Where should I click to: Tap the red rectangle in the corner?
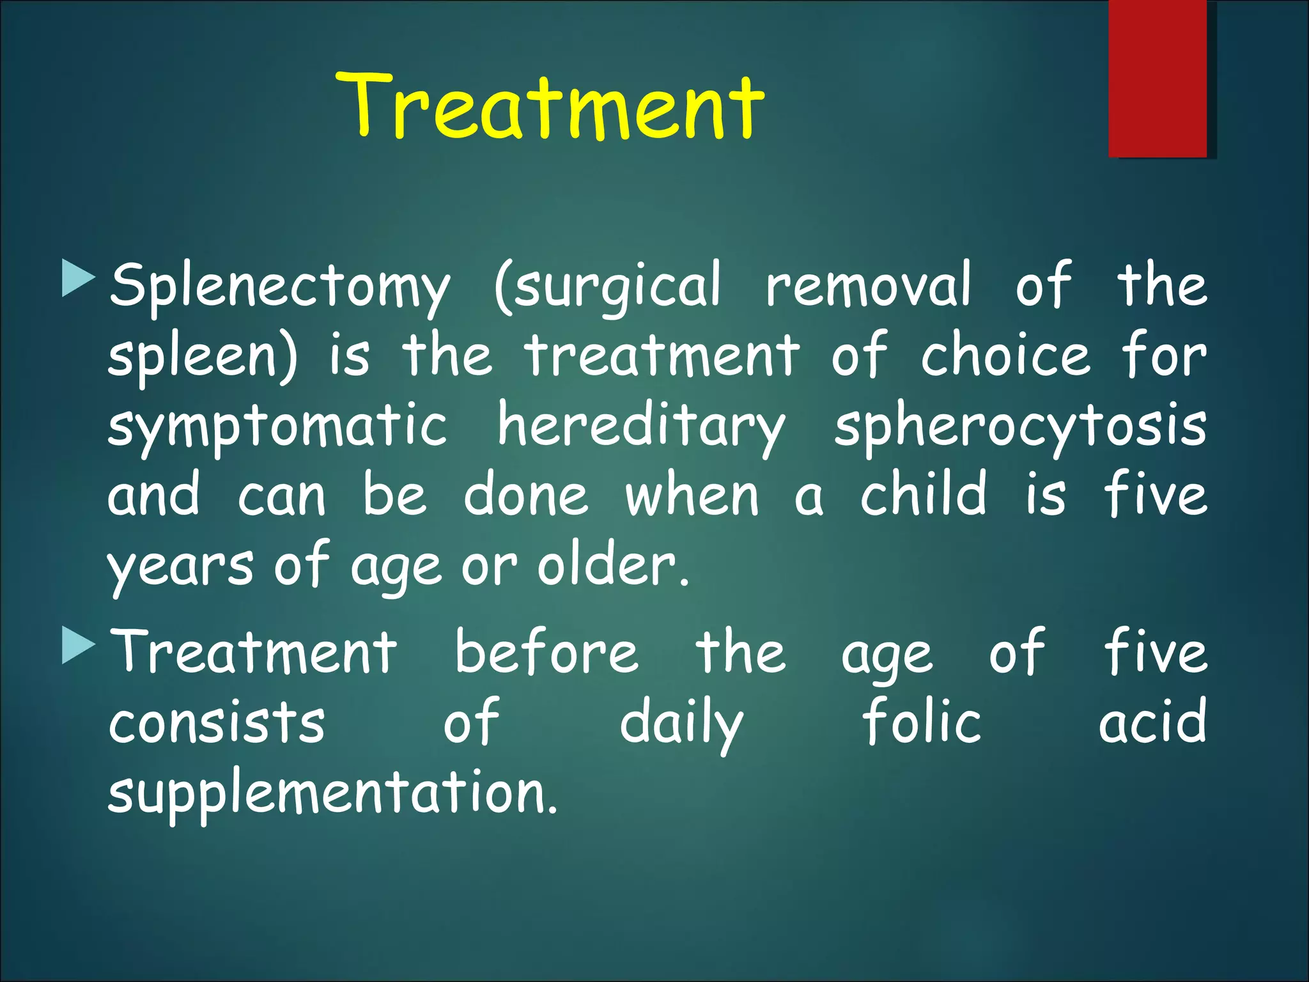[1158, 78]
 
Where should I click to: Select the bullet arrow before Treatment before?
[79, 645]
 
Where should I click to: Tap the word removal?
[869, 284]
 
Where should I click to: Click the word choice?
[1005, 355]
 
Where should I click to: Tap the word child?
[924, 494]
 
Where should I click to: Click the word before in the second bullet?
[546, 652]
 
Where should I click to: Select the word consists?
[217, 722]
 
